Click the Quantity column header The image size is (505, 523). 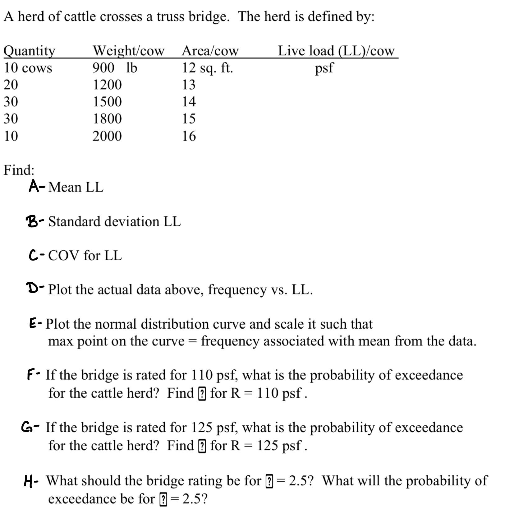pyautogui.click(x=29, y=51)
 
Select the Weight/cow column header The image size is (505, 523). pyautogui.click(x=128, y=51)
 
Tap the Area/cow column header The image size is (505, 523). pyautogui.click(x=210, y=51)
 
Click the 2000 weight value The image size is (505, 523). pyautogui.click(x=107, y=136)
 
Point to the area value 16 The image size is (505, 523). pyautogui.click(x=189, y=136)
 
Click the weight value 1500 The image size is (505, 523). pyautogui.click(x=107, y=102)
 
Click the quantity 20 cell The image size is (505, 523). pyautogui.click(x=11, y=85)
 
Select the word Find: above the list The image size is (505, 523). pyautogui.click(x=19, y=170)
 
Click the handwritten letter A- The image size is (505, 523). pyautogui.click(x=37, y=186)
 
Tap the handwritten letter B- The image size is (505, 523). pyautogui.click(x=35, y=221)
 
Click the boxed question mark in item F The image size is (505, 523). pyautogui.click(x=202, y=394)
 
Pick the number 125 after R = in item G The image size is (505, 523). pyautogui.click(x=268, y=446)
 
